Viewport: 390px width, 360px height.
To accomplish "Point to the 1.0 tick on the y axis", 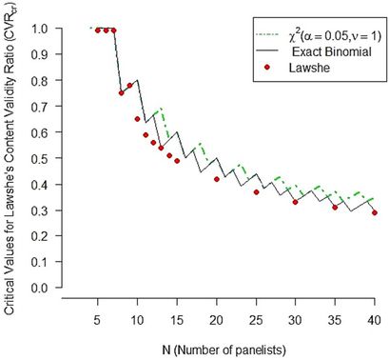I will (43, 30).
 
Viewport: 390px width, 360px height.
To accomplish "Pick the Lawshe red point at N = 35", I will (335, 207).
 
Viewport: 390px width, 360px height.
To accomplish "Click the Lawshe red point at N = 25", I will (256, 191).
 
